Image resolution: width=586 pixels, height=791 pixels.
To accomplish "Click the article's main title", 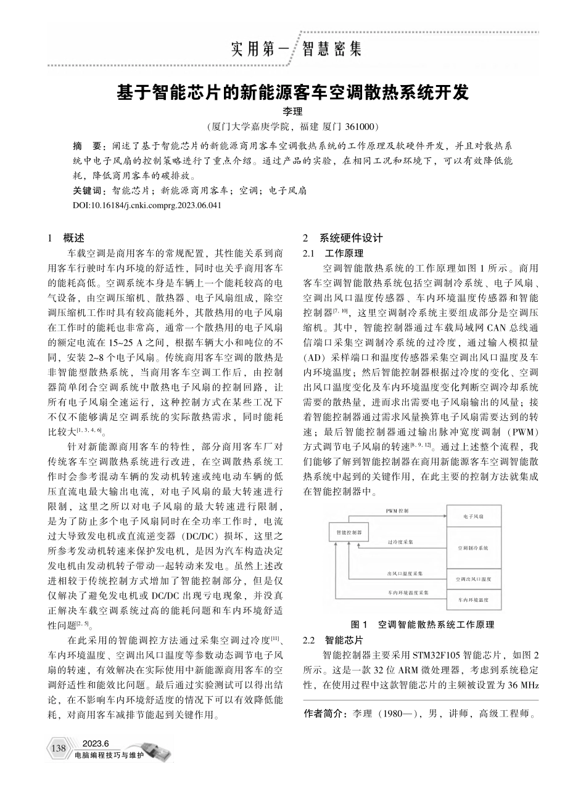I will pos(293,94).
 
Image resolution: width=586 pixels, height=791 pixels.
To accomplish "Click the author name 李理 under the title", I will pos(293,112).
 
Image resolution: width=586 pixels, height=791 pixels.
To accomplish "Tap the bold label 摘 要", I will pos(86,148).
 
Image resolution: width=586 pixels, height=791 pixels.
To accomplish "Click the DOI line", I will pos(146,204).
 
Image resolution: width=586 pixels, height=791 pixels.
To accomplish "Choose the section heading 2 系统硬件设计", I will pos(343,238).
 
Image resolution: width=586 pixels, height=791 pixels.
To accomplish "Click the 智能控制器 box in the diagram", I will pos(349,530).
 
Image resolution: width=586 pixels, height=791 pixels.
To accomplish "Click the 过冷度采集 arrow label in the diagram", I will pos(400,542).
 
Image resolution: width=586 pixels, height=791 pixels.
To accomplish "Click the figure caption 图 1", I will pos(422,624).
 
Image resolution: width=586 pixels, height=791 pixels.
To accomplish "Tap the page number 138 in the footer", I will pos(59,748).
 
